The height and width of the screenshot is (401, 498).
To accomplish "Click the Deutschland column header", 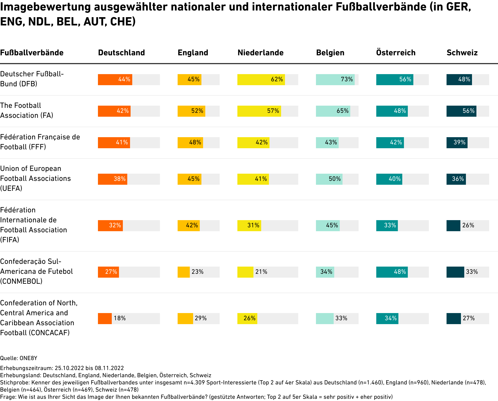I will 121,53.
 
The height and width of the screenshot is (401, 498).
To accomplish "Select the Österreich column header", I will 396,53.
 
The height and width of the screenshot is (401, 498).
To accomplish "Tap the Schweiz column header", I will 462,53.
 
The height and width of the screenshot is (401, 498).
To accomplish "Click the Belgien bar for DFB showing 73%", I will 335,80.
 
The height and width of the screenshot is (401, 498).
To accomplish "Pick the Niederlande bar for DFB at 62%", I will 261,80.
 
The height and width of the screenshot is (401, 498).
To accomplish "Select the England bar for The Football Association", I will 191,111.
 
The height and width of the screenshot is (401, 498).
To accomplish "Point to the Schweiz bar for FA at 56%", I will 461,111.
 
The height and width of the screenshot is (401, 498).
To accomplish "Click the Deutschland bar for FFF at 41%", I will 114,143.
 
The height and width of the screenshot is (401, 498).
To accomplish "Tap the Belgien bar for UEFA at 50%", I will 329,179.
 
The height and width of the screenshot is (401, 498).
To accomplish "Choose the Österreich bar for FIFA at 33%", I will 387,226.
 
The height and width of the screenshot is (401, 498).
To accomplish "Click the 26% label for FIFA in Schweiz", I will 468,225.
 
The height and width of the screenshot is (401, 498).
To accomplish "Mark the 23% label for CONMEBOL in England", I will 198,272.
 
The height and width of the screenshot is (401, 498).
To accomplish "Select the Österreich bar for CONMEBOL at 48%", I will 392,272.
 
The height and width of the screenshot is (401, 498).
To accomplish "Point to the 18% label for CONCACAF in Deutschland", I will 120,318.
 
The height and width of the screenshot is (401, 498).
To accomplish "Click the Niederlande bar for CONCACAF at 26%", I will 247,319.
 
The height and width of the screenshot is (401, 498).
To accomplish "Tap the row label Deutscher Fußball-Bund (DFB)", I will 32,79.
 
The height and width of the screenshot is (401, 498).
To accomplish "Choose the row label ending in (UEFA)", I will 35,178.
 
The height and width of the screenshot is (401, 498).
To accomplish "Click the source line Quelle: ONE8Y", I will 19,358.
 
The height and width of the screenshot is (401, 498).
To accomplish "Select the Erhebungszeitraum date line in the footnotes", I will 62,368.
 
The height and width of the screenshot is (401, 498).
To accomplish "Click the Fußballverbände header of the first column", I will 32,53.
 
